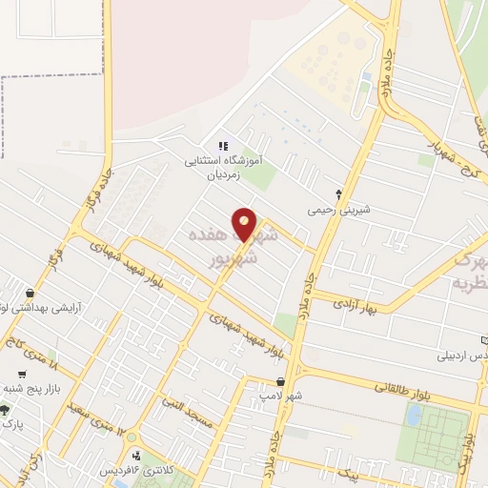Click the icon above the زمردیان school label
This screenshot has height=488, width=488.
[x=222, y=146]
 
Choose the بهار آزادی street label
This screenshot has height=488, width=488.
[x=356, y=301]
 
